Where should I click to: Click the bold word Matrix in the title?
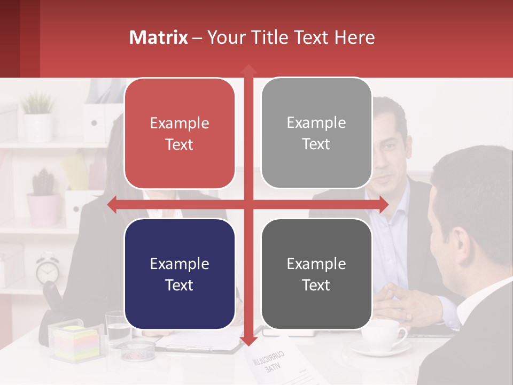pyautogui.click(x=159, y=37)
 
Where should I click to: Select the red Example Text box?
pyautogui.click(x=180, y=134)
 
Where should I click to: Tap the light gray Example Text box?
pyautogui.click(x=316, y=133)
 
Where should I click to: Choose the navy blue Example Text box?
pyautogui.click(x=180, y=274)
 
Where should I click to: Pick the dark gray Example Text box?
pyautogui.click(x=316, y=274)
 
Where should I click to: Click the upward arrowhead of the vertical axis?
pyautogui.click(x=248, y=70)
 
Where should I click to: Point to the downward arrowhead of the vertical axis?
pyautogui.click(x=248, y=341)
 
